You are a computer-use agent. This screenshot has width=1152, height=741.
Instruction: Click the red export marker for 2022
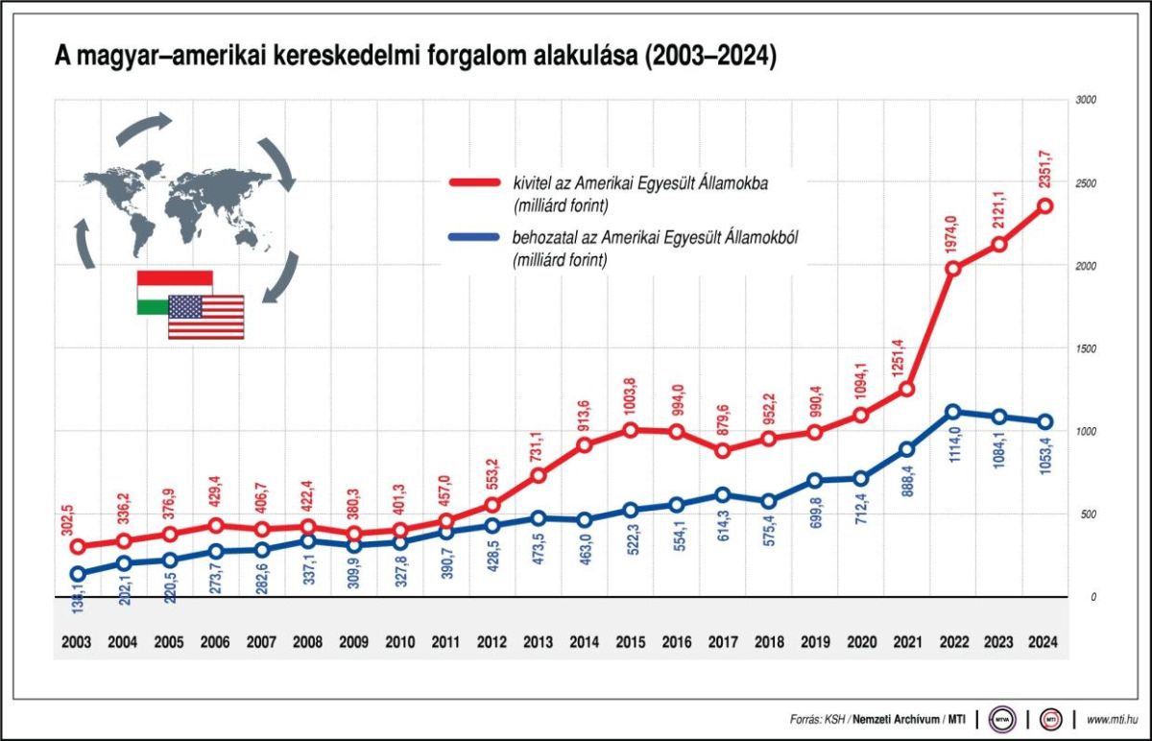tap(953, 268)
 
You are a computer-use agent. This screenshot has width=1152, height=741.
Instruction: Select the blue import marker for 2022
tap(953, 412)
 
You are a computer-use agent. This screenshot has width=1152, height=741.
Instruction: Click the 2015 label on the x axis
tap(631, 642)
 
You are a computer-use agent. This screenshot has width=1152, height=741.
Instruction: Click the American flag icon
tap(206, 317)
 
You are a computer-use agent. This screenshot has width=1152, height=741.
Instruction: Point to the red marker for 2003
tap(78, 546)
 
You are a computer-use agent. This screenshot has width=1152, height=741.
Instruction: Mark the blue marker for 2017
tap(723, 494)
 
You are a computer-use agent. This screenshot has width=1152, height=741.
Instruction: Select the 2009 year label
tap(354, 642)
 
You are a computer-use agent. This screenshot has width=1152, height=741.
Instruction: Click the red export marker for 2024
tap(1045, 205)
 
